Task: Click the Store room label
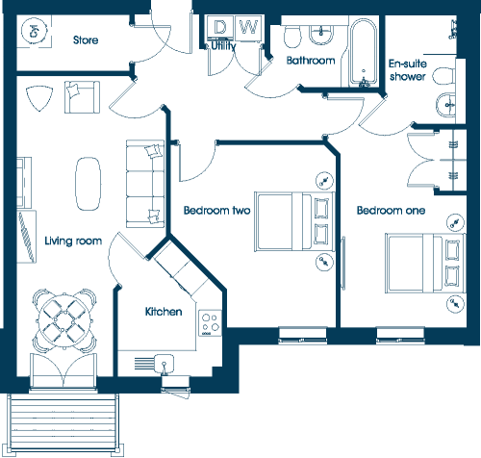[86, 40]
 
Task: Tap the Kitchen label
[164, 312]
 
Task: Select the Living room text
[73, 241]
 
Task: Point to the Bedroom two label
[216, 211]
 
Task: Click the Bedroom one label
[391, 211]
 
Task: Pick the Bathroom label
[311, 61]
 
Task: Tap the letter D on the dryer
[219, 27]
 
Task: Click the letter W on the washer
[249, 27]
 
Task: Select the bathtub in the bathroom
[364, 53]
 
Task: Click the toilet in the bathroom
[292, 36]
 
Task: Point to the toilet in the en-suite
[443, 76]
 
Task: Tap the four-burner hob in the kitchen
[210, 323]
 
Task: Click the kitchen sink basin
[165, 364]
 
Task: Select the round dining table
[64, 321]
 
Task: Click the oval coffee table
[88, 184]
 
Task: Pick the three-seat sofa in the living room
[145, 184]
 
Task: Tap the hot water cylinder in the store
[35, 31]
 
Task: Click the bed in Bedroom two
[294, 221]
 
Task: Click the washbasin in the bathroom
[321, 36]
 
